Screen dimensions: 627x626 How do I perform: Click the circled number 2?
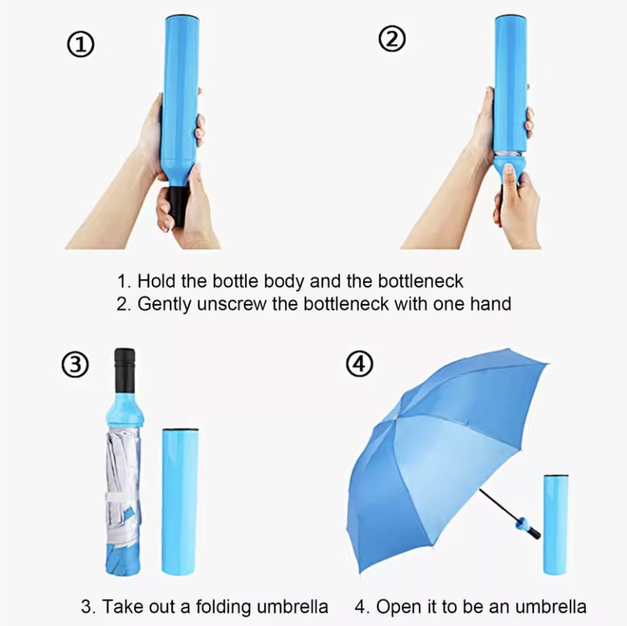click(392, 39)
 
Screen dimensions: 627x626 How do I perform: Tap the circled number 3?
click(75, 364)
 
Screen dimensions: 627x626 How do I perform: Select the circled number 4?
click(360, 364)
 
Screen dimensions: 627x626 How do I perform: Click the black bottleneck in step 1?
click(177, 205)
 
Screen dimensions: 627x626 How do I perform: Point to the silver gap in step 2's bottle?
click(509, 154)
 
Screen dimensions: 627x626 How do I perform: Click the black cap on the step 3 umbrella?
click(125, 371)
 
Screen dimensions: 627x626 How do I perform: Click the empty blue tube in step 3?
click(179, 501)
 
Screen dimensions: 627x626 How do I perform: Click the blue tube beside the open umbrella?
click(556, 524)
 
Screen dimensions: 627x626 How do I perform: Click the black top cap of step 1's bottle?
click(182, 18)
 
